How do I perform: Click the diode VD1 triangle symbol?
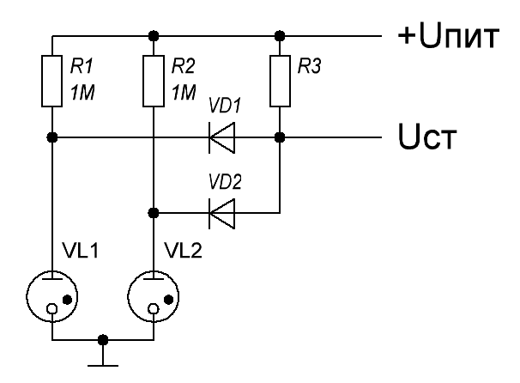click(222, 137)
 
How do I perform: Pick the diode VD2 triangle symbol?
click(222, 214)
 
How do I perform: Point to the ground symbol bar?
click(103, 366)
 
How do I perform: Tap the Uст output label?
click(427, 137)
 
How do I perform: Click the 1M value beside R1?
click(82, 92)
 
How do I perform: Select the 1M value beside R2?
click(184, 92)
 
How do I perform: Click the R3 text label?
click(309, 66)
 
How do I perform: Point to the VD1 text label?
click(225, 106)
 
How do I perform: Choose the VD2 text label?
click(225, 181)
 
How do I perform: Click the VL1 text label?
click(82, 251)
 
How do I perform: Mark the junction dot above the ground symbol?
click(103, 340)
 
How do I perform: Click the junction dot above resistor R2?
click(154, 35)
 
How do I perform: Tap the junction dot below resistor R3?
click(280, 137)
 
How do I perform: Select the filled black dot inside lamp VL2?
click(169, 300)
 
